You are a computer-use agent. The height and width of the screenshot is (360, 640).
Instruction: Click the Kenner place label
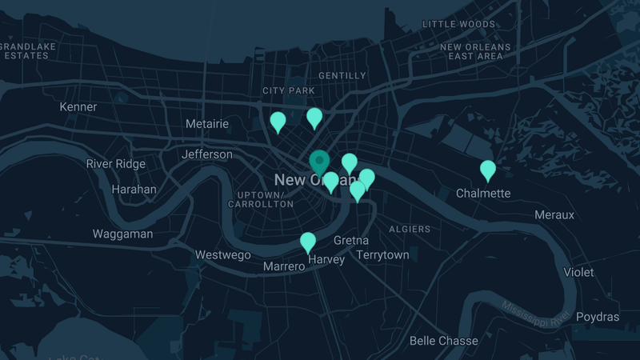coord(78,106)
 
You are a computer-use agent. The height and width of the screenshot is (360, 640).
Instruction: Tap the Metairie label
coord(206,124)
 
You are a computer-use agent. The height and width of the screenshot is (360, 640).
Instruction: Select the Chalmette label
coord(483,193)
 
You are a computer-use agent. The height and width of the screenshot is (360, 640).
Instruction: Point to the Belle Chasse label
coord(443,341)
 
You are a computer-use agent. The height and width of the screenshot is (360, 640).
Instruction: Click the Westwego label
coord(223,255)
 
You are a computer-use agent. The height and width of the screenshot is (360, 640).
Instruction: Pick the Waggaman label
coord(122,234)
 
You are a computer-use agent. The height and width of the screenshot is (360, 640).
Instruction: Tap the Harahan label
coord(134,190)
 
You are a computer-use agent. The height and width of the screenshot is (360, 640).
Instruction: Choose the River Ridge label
coord(116,164)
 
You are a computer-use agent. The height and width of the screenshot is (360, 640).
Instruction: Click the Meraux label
coord(554,215)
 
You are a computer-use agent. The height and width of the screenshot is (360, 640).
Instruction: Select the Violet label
coord(578,272)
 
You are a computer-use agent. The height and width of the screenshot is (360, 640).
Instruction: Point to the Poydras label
coord(598,317)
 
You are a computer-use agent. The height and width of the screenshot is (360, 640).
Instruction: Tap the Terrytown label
coord(382,255)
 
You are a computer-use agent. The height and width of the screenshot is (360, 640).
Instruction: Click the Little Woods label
coord(458,25)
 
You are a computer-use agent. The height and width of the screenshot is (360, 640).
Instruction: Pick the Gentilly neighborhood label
coord(342,76)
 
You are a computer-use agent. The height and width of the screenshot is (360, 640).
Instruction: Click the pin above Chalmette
coord(488,170)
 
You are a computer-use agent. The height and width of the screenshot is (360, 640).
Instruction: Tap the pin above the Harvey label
coord(308,242)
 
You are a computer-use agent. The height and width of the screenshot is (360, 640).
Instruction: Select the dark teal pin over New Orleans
coord(319,162)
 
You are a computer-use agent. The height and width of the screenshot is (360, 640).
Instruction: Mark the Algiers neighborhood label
coord(410,230)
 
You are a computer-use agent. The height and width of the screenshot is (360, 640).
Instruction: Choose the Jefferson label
coord(207,154)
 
